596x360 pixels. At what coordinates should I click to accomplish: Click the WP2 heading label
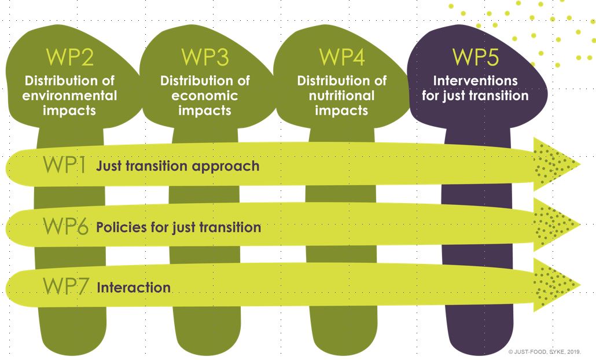[x=69, y=57]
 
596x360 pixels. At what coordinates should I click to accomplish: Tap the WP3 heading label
[x=205, y=57]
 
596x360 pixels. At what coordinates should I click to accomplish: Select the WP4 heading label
[x=342, y=57]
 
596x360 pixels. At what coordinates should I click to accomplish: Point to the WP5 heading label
[x=476, y=57]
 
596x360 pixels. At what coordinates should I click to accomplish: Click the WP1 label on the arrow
[x=64, y=165]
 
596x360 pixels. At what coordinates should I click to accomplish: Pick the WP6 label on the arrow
[x=65, y=226]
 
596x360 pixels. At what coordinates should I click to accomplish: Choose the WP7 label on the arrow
[x=65, y=286]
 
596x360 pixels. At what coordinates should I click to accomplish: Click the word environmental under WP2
[x=69, y=95]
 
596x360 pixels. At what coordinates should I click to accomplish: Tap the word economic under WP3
[x=205, y=95]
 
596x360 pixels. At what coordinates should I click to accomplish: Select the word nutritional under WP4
[x=342, y=95]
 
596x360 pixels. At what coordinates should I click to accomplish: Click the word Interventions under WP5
[x=476, y=80]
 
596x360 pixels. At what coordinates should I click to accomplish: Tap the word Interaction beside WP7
[x=134, y=288]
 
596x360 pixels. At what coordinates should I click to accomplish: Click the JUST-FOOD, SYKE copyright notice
[x=545, y=352]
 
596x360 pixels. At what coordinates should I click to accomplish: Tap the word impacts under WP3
[x=205, y=110]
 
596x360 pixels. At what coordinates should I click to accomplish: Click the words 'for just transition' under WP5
[x=476, y=95]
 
